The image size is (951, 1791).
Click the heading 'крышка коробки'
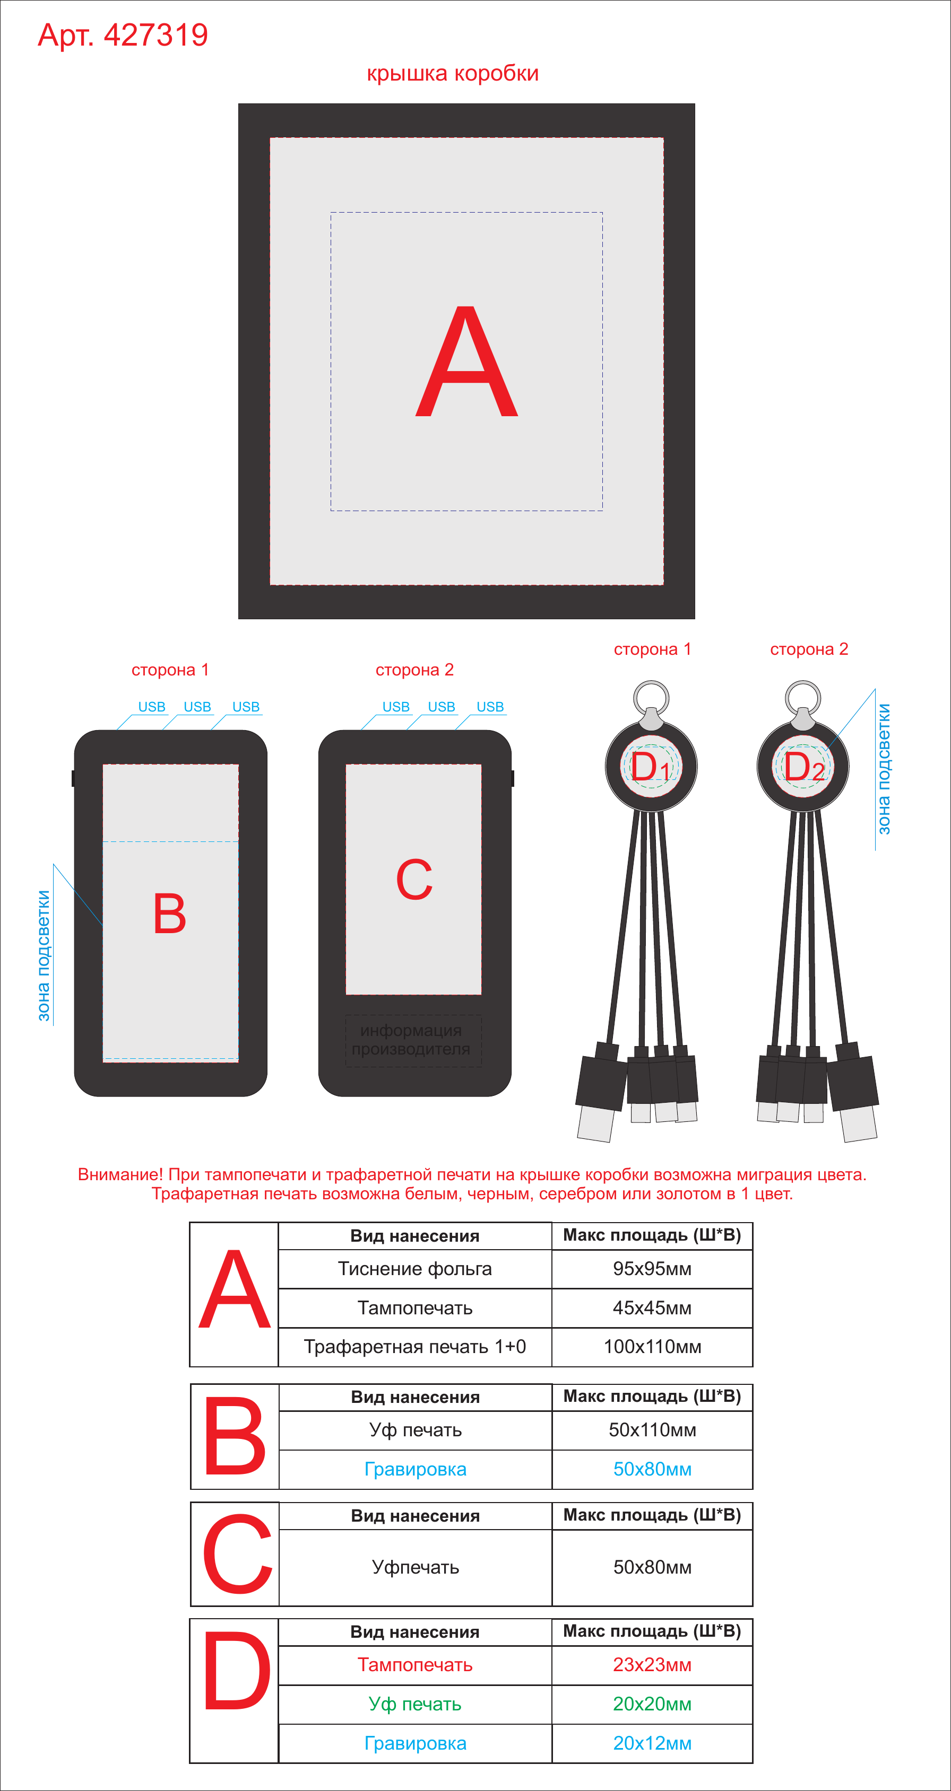click(453, 74)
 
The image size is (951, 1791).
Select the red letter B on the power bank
click(170, 914)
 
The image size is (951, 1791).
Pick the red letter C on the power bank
click(414, 880)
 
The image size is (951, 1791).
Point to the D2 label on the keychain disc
click(804, 767)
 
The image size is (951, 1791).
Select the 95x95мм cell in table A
click(652, 1269)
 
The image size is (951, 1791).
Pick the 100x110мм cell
click(652, 1347)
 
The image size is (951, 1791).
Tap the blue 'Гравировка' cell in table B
click(416, 1469)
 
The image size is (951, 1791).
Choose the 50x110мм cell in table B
click(652, 1430)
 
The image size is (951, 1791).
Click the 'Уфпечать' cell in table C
click(416, 1567)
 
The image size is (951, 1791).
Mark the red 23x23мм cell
click(652, 1665)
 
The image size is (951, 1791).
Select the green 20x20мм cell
click(652, 1704)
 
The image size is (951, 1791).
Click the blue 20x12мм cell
click(652, 1743)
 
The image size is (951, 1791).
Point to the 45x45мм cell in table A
click(652, 1308)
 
